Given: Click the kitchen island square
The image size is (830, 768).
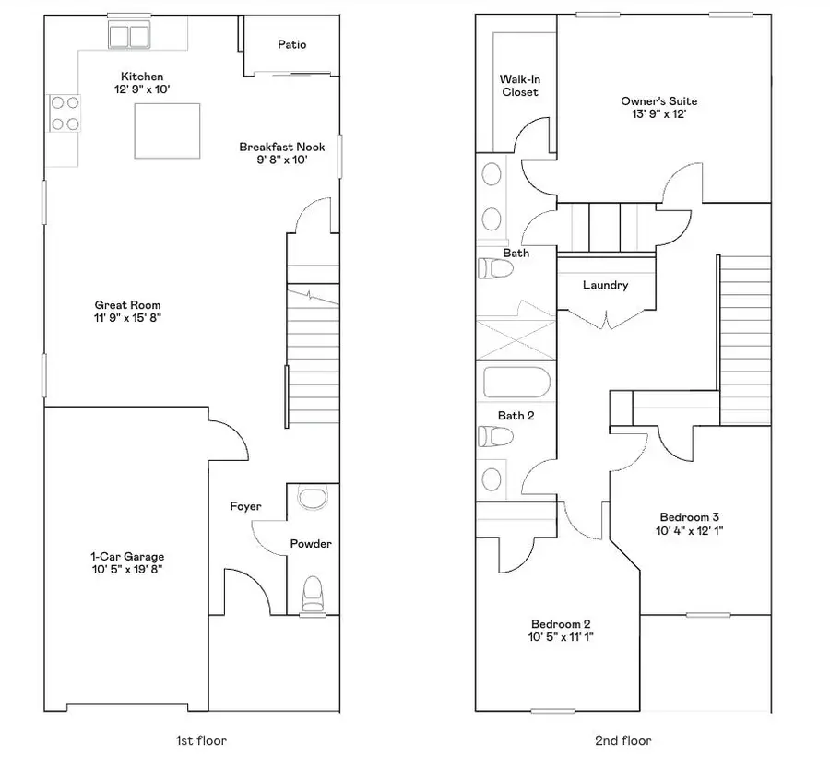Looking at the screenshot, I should pyautogui.click(x=168, y=131).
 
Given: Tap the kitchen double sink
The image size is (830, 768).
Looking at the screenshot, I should pyautogui.click(x=129, y=36).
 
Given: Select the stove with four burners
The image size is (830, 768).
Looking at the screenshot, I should pyautogui.click(x=65, y=113).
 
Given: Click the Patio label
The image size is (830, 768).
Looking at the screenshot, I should pyautogui.click(x=291, y=44).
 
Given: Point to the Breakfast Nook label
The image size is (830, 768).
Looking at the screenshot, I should pyautogui.click(x=282, y=147).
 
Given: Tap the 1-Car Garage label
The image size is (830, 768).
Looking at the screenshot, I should pyautogui.click(x=127, y=556).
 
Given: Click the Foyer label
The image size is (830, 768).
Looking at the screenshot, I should pyautogui.click(x=246, y=506).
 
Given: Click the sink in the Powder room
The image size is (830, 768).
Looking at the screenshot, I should pyautogui.click(x=314, y=499).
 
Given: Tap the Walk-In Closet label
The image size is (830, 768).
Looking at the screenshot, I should pyautogui.click(x=519, y=86).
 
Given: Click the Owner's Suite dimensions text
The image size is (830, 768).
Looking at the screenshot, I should pyautogui.click(x=658, y=114).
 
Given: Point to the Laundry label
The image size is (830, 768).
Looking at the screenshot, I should pyautogui.click(x=605, y=285).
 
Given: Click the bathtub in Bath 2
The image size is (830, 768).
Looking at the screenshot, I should pyautogui.click(x=516, y=383).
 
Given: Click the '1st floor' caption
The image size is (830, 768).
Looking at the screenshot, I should pyautogui.click(x=200, y=740).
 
